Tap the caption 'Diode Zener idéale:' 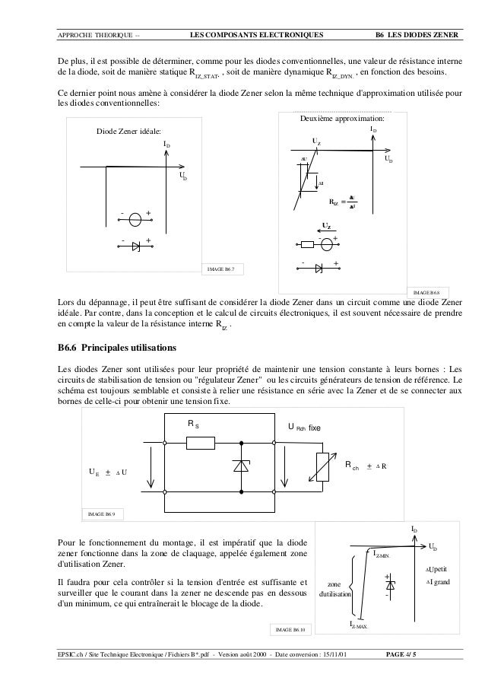(128, 132)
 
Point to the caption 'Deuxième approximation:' (344, 120)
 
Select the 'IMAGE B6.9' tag (103, 514)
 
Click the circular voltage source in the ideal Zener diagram (135, 220)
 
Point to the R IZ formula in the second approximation (344, 203)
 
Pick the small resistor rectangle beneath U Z (308, 244)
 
